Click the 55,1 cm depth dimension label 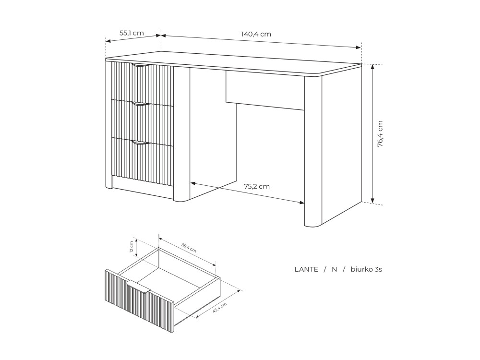point(132,33)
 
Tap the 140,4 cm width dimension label point(256,34)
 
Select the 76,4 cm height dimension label point(380,134)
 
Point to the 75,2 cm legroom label point(256,186)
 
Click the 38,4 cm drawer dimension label point(189,248)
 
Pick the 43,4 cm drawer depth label point(219,307)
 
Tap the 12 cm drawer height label point(132,247)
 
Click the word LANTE point(306,269)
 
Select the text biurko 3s point(366,269)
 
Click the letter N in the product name point(334,269)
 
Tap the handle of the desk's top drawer point(142,65)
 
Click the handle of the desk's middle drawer point(142,104)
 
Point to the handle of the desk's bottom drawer point(142,143)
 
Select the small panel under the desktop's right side point(265,90)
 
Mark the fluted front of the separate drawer point(140,301)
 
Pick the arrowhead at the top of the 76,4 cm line point(372,67)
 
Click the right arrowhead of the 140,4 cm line point(358,47)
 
